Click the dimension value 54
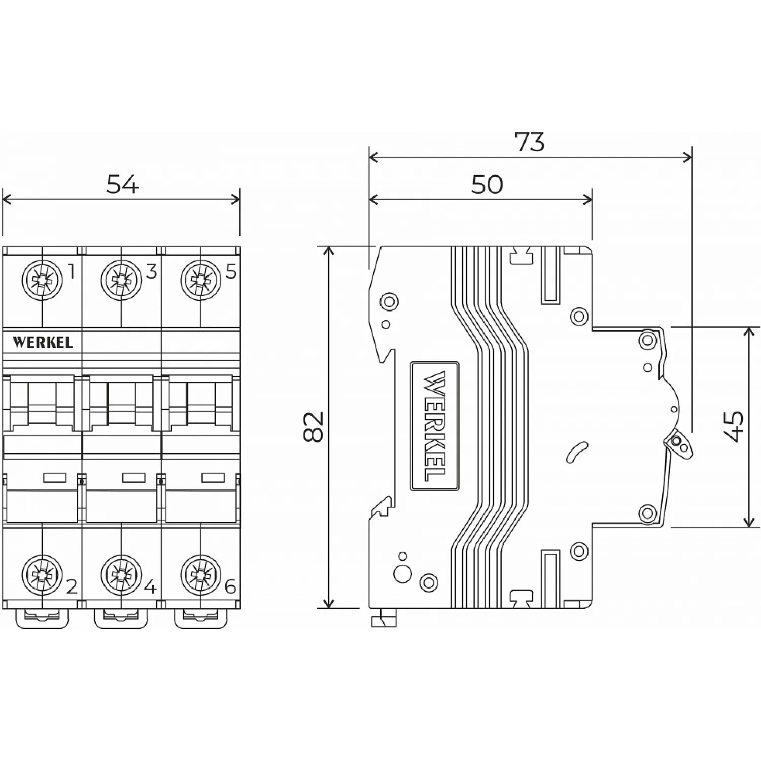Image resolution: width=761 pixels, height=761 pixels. pyautogui.click(x=122, y=184)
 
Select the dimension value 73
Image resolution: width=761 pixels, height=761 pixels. pyautogui.click(x=529, y=142)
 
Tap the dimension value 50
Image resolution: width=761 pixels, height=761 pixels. pyautogui.click(x=487, y=184)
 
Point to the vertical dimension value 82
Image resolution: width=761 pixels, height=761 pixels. pyautogui.click(x=313, y=427)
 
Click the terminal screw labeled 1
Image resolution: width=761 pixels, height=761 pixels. pyautogui.click(x=42, y=279)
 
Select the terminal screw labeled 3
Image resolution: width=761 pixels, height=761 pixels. pyautogui.click(x=121, y=279)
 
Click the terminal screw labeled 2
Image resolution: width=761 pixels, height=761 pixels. pyautogui.click(x=42, y=575)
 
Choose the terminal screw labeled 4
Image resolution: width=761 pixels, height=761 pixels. pyautogui.click(x=121, y=575)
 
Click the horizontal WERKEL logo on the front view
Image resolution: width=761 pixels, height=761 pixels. pyautogui.click(x=43, y=342)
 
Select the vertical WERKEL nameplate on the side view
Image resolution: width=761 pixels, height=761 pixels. pyautogui.click(x=435, y=426)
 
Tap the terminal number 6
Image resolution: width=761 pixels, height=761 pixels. pyautogui.click(x=230, y=587)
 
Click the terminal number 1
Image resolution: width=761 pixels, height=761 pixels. pyautogui.click(x=72, y=272)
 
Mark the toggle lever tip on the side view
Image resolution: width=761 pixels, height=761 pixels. pyautogui.click(x=680, y=444)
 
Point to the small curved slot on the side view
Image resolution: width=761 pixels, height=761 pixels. pyautogui.click(x=577, y=452)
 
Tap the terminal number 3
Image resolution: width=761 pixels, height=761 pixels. pyautogui.click(x=151, y=272)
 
